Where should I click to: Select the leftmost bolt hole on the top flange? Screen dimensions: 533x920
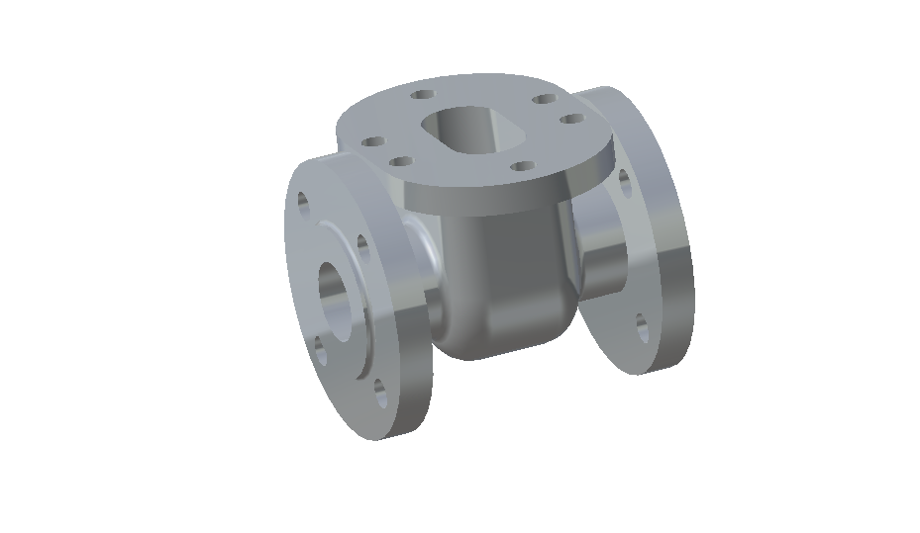pos(374,141)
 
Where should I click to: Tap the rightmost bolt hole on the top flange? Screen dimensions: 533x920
pos(571,120)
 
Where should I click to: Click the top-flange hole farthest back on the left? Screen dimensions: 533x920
pos(423,95)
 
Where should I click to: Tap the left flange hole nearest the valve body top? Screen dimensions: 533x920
pos(361,244)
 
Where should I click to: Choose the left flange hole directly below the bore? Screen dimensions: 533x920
pos(320,347)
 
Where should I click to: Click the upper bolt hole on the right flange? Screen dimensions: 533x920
pos(624,180)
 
